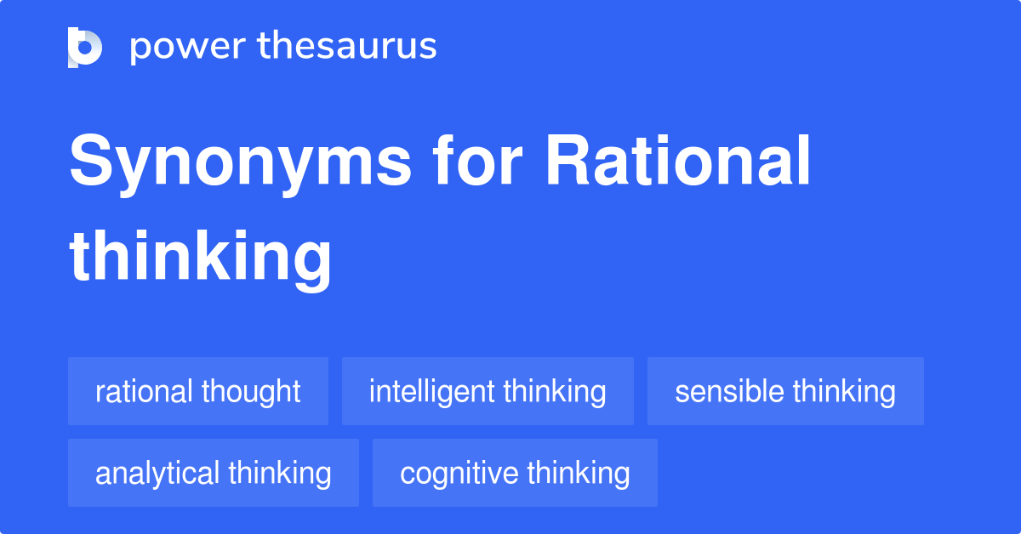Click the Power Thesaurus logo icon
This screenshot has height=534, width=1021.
(x=84, y=47)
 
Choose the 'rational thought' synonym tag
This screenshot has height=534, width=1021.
(x=198, y=392)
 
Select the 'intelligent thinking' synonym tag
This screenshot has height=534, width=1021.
(x=488, y=392)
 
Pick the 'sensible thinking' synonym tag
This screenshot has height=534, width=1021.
(x=785, y=392)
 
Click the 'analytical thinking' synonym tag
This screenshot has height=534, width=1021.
(x=214, y=473)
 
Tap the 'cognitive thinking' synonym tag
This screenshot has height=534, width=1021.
(x=515, y=473)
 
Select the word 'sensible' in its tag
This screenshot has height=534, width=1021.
(x=729, y=392)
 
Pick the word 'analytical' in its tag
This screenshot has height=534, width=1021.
(x=157, y=473)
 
